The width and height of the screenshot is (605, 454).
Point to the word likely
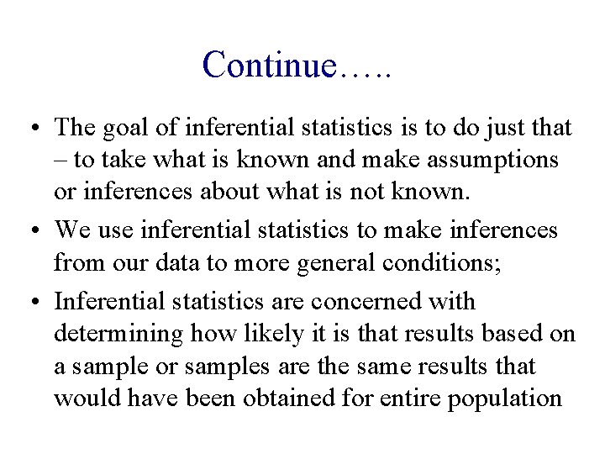coord(248,333)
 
